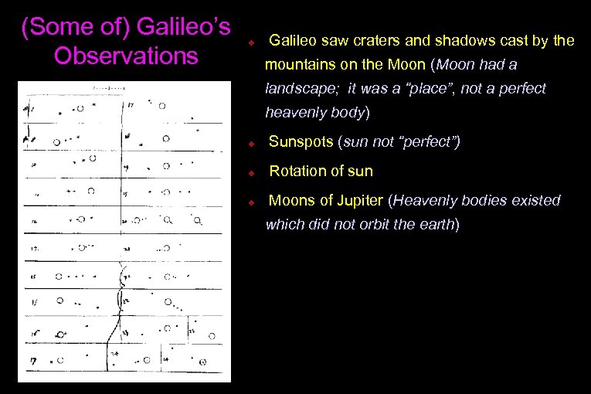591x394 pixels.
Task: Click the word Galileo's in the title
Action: (x=183, y=27)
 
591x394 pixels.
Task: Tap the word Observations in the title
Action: (x=127, y=56)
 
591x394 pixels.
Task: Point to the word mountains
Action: (x=298, y=64)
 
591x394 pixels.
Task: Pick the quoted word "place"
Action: (x=415, y=89)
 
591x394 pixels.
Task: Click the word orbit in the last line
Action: (x=377, y=225)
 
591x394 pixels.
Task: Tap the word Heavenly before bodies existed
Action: (x=427, y=200)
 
